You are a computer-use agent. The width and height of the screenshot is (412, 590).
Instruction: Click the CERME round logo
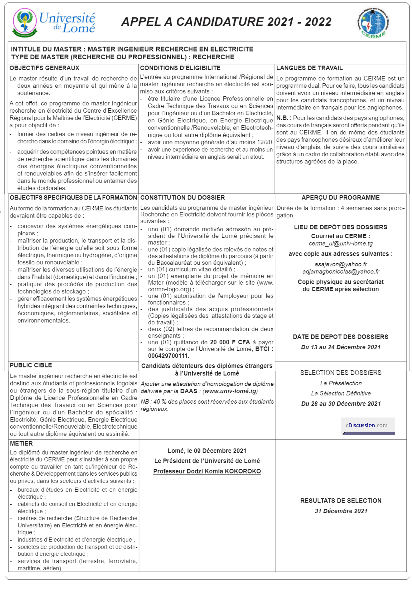(x=373, y=23)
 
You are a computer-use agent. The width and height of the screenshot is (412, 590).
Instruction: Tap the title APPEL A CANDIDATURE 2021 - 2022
(x=226, y=22)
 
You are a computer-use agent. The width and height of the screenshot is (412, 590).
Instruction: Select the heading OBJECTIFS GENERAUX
(x=44, y=68)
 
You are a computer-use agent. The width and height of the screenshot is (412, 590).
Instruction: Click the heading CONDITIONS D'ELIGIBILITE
(x=180, y=68)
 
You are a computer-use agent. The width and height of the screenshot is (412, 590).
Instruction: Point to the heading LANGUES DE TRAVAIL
(x=309, y=68)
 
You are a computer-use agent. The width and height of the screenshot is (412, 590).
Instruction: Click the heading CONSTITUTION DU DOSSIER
(x=182, y=198)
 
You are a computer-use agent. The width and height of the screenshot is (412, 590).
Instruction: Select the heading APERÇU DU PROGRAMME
(x=340, y=198)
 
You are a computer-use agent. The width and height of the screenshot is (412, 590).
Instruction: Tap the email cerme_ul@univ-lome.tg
(x=340, y=243)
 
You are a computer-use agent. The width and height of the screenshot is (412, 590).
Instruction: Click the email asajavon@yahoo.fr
(x=341, y=264)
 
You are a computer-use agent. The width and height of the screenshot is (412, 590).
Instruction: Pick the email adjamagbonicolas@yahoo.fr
(x=341, y=272)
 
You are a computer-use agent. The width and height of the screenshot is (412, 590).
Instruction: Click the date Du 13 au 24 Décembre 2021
(x=341, y=347)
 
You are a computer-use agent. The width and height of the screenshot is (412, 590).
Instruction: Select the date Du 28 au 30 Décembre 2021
(x=341, y=404)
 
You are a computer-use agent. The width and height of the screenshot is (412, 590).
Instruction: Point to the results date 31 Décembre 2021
(x=341, y=511)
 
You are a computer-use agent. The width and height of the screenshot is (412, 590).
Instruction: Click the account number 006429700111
(x=168, y=356)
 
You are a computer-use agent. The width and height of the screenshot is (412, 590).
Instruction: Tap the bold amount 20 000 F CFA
(x=230, y=342)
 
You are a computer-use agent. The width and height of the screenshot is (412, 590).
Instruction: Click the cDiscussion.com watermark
(x=367, y=425)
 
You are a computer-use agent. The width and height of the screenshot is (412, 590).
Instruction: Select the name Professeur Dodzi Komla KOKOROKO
(x=207, y=471)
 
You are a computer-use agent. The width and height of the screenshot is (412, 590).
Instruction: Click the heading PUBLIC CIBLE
(x=31, y=365)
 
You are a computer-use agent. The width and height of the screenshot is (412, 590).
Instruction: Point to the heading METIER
(x=21, y=444)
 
